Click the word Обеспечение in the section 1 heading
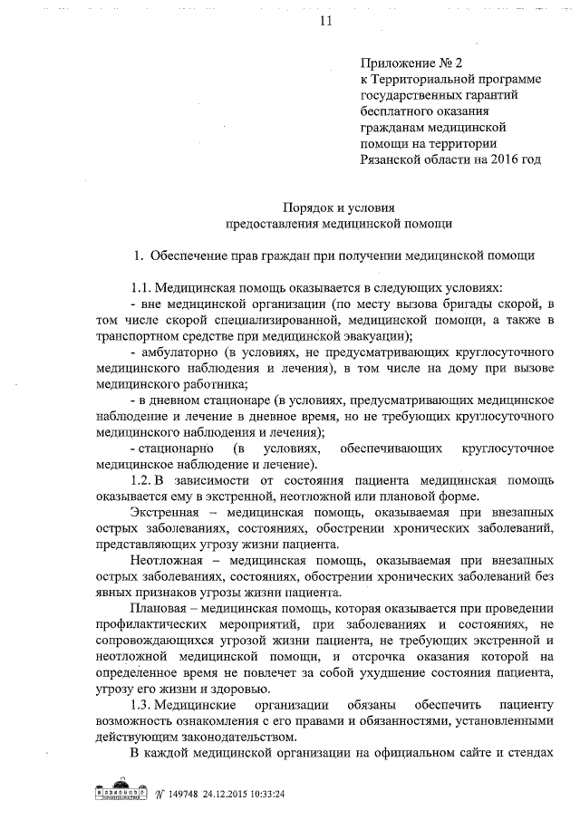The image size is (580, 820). coord(192,256)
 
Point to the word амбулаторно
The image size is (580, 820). coord(177,352)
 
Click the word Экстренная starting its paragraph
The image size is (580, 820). coord(169,514)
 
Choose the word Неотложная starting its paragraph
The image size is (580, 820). coord(171,561)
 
